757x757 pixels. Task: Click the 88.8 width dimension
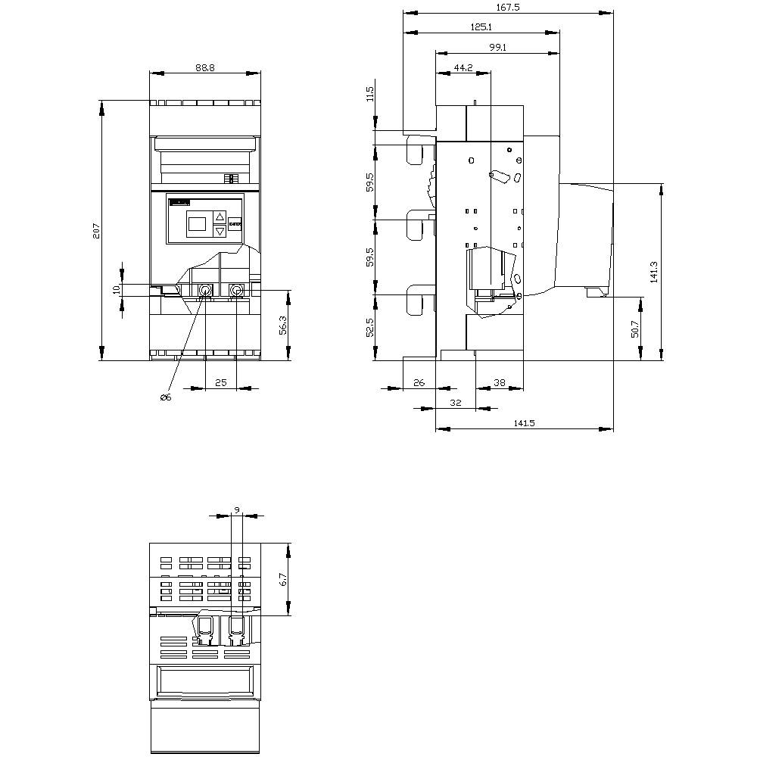[204, 67]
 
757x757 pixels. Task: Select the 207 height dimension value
[96, 231]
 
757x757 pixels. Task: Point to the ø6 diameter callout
[165, 398]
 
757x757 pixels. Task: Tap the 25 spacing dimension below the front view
[220, 383]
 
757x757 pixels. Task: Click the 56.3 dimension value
[283, 326]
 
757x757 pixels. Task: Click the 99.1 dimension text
[497, 47]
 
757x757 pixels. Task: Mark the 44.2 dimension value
[463, 67]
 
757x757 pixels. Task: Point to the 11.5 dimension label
[369, 94]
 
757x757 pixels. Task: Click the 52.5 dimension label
[369, 327]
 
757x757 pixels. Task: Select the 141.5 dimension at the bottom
[524, 424]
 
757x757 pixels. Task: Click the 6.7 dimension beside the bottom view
[283, 580]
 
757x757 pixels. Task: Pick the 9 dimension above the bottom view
[237, 511]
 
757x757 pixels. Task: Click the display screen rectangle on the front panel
[197, 223]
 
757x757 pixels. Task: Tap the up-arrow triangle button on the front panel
[220, 216]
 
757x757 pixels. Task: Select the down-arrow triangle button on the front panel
[220, 231]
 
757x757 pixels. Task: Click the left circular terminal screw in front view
[205, 291]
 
